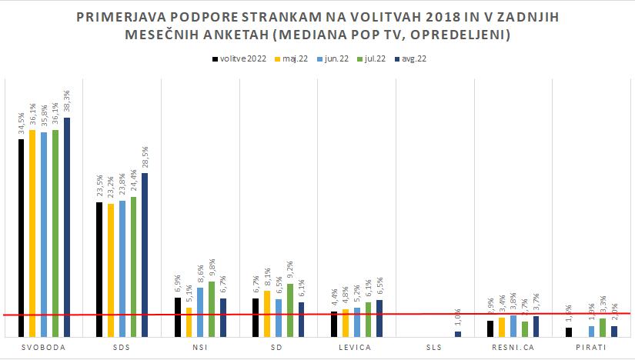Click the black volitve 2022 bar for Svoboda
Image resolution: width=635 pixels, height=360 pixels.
[x=22, y=238]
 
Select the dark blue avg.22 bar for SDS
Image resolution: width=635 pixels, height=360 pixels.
[x=145, y=254]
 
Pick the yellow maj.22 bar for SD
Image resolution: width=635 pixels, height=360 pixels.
[x=267, y=314]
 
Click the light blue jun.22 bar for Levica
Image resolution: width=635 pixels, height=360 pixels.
[x=356, y=322]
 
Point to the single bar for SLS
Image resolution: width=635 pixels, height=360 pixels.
[x=458, y=334]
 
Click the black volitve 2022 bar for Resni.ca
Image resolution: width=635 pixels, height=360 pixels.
[x=491, y=328]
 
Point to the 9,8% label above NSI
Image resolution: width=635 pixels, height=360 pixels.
[x=212, y=269]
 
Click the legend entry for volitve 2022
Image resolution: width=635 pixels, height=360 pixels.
[x=239, y=58]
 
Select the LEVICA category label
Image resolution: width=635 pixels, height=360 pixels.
[x=354, y=348]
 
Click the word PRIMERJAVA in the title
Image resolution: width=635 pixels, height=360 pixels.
[x=124, y=16]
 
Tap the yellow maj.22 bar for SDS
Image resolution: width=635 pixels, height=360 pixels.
[x=111, y=269]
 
